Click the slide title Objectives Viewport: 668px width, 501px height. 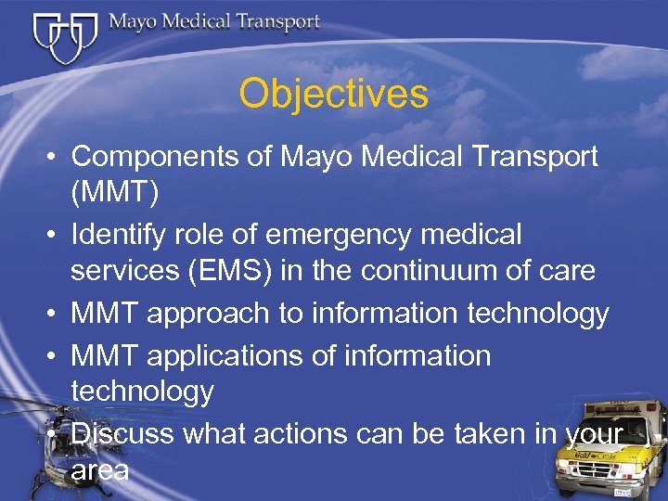333,94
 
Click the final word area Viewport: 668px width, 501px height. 100,470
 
